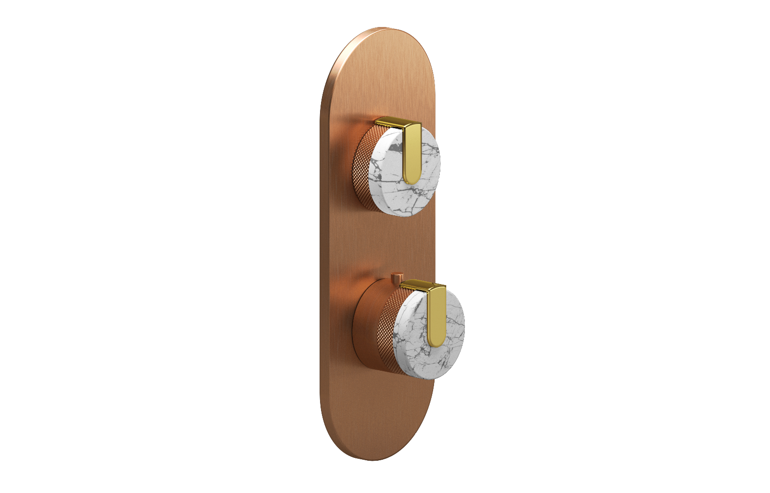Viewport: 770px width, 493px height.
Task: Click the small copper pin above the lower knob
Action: (397, 278)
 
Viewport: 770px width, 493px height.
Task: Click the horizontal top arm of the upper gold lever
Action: (390, 122)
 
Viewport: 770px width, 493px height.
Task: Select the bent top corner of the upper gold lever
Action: (414, 127)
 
